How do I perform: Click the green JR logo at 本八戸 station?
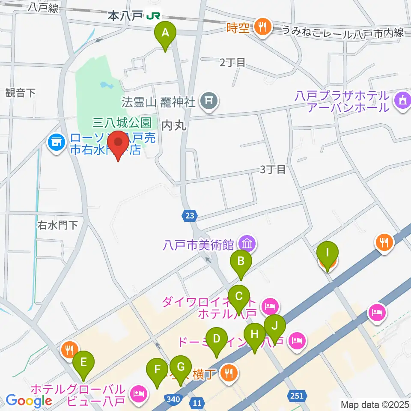(153, 16)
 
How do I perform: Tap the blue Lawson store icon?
(56, 142)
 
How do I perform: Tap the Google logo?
(29, 401)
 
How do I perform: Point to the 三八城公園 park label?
(122, 123)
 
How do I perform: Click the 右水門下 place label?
(57, 225)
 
